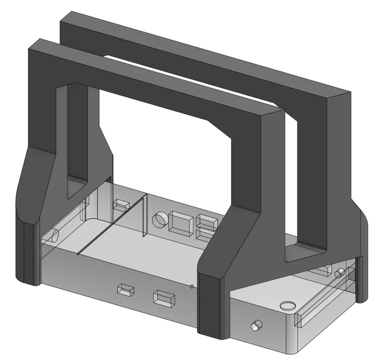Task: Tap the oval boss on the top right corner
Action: [x=286, y=305]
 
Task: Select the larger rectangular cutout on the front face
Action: [x=164, y=297]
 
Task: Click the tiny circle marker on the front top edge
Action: [x=191, y=286]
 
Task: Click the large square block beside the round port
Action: [x=182, y=223]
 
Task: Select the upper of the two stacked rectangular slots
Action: [x=206, y=221]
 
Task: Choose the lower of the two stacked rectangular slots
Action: [x=204, y=233]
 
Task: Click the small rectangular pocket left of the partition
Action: [x=121, y=204]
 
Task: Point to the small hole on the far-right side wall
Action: [x=340, y=272]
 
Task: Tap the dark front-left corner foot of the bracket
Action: [x=29, y=253]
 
